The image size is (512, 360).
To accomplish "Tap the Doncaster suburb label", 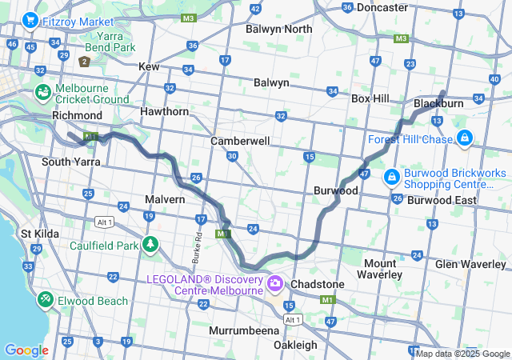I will coord(382,7).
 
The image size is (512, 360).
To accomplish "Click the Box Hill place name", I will coord(370,98).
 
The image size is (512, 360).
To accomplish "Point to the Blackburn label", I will coord(438,104).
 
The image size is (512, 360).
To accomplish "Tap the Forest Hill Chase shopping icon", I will coord(464,139).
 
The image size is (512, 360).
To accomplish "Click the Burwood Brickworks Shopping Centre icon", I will coord(393,175).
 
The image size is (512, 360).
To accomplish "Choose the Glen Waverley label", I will coord(473,264).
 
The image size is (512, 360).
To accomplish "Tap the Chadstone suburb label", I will coord(318,284).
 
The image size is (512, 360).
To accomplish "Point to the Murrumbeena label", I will coord(243,330).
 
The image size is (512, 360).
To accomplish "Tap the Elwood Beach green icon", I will coord(46,300).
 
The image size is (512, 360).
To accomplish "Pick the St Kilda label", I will coord(38,234).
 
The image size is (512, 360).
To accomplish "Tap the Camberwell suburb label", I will coord(240,141).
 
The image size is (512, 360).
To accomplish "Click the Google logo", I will coord(26,350).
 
